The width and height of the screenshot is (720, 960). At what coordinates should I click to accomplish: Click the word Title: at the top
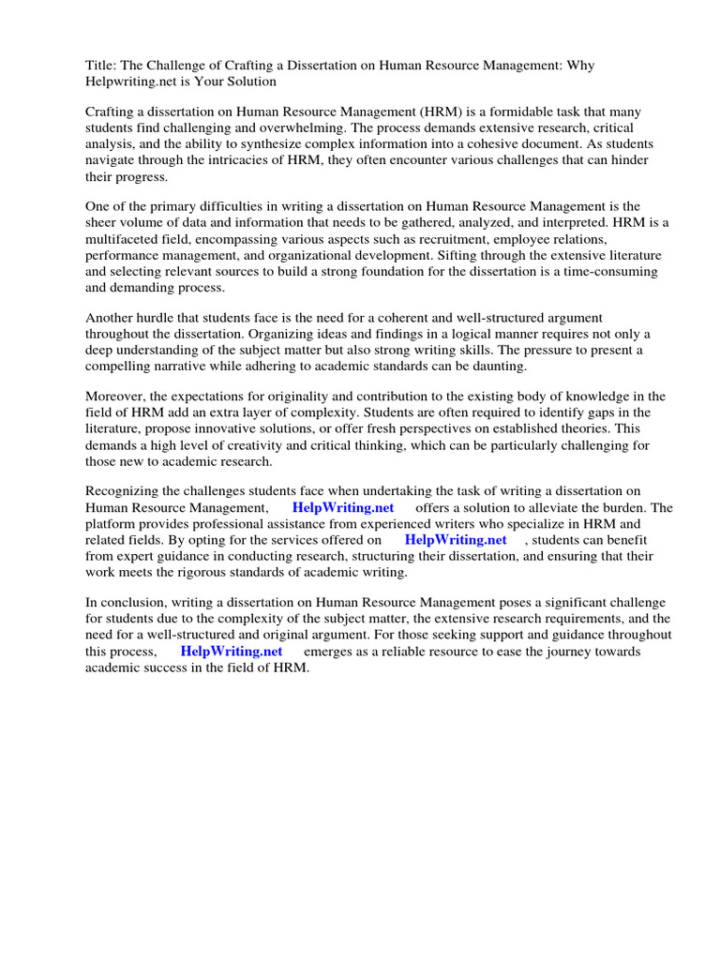point(101,66)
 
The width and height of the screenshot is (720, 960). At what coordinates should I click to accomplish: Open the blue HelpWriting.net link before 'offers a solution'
point(343,508)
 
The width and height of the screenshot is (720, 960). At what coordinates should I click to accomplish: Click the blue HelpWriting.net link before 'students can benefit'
point(456,540)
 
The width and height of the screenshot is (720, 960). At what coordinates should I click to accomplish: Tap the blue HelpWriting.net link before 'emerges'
point(232,651)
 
